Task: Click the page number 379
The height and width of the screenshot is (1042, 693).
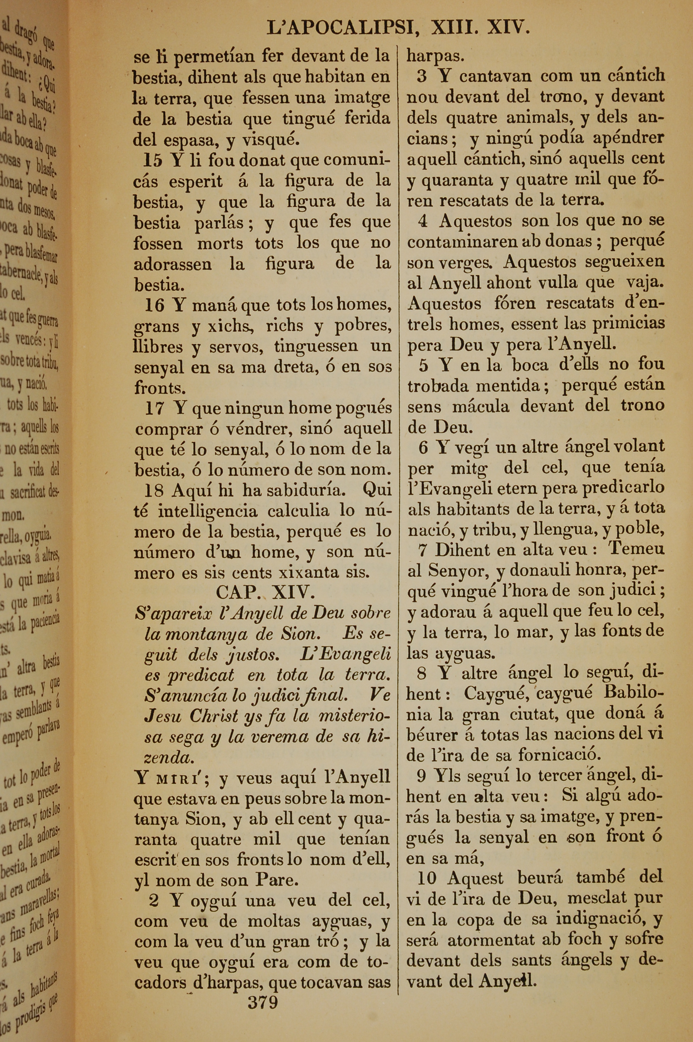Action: click(x=263, y=1001)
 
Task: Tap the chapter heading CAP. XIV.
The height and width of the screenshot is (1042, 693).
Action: click(x=265, y=592)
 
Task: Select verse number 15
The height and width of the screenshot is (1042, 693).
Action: click(x=153, y=160)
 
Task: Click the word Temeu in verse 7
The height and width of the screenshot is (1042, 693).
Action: click(x=636, y=549)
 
